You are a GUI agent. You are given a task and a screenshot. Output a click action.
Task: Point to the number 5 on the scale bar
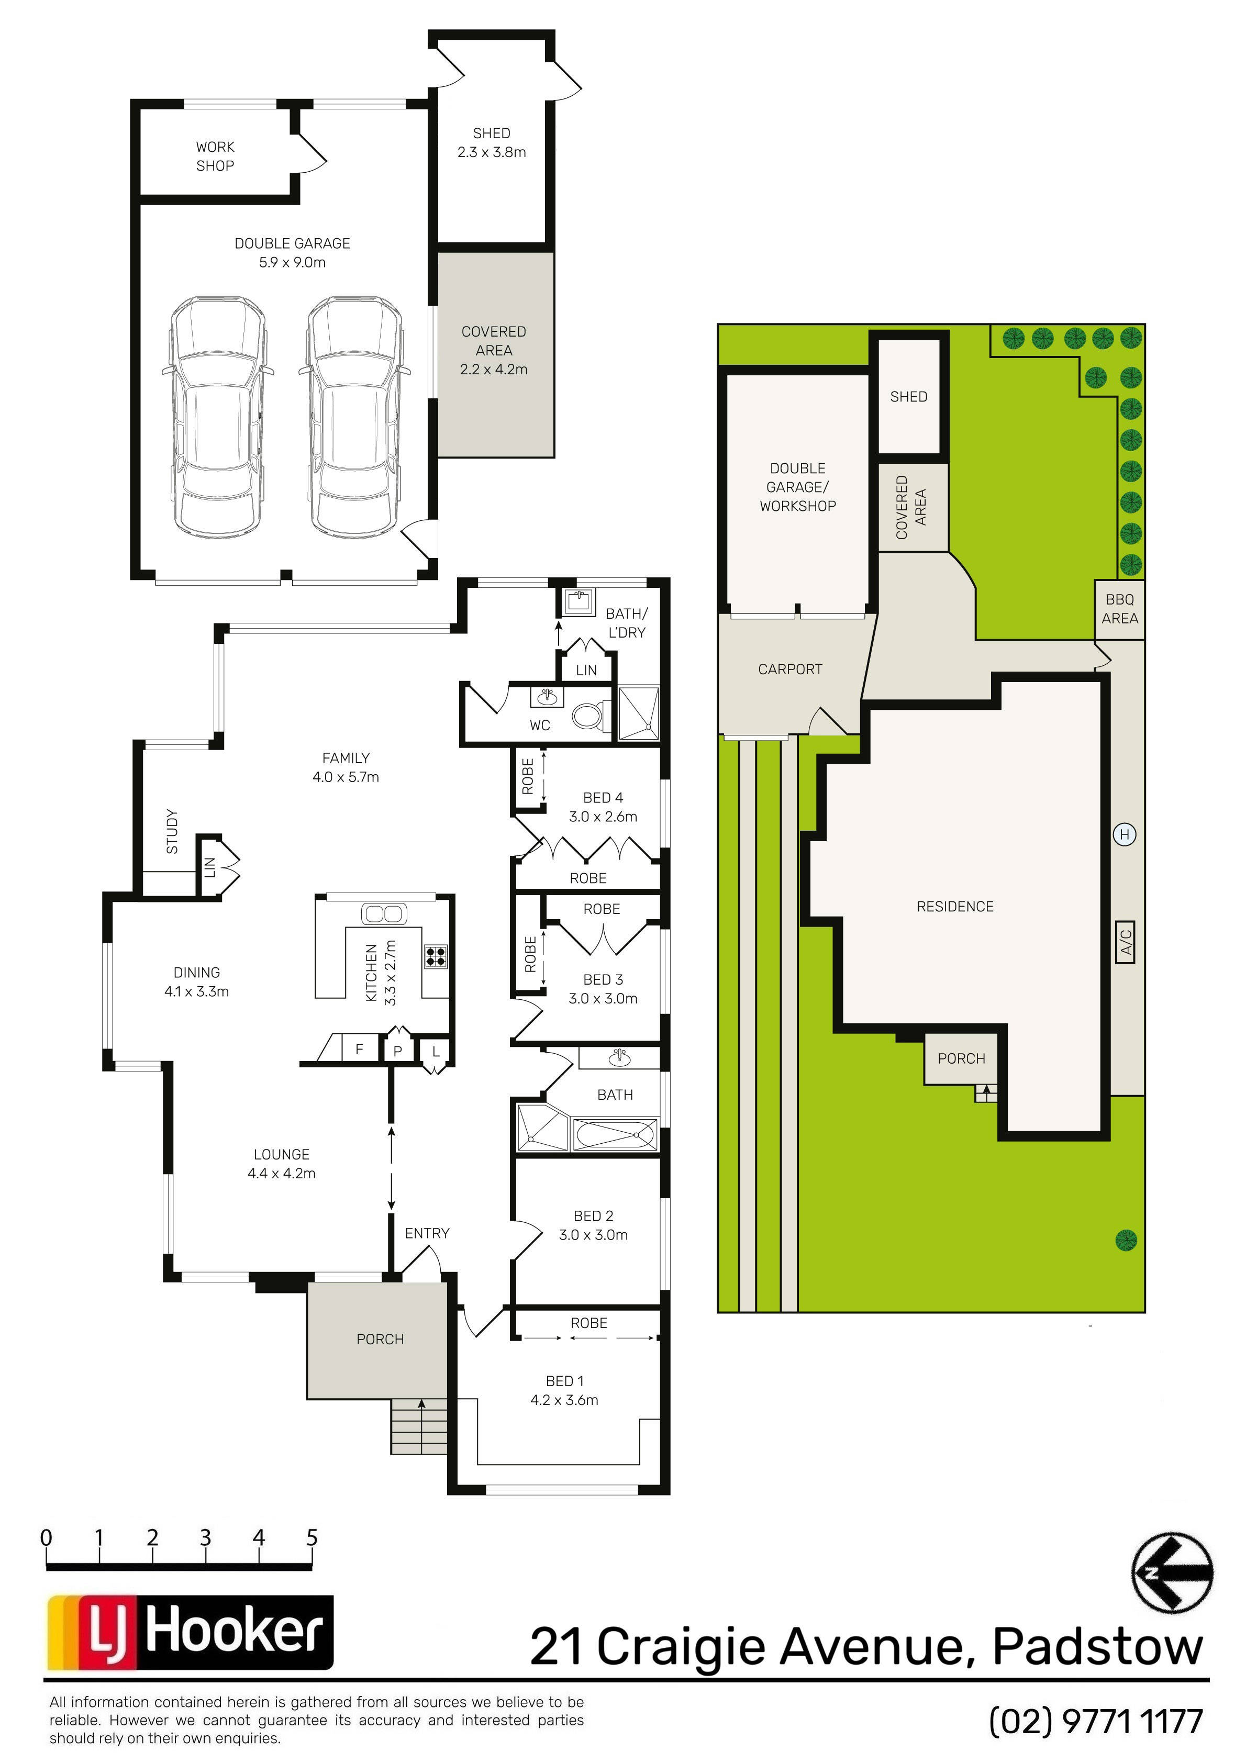pyautogui.click(x=312, y=1538)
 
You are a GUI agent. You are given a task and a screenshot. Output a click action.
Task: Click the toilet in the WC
pyautogui.click(x=589, y=716)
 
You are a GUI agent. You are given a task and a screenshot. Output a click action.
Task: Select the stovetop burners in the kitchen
pyautogui.click(x=436, y=956)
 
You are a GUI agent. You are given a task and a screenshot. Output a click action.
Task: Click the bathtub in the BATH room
pyautogui.click(x=615, y=1134)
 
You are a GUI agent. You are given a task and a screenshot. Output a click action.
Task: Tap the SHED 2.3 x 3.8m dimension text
pyautogui.click(x=492, y=152)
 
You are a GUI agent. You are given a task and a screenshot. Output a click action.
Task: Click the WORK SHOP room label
pyautogui.click(x=215, y=156)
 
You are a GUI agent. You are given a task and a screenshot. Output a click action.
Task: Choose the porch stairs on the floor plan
pyautogui.click(x=419, y=1426)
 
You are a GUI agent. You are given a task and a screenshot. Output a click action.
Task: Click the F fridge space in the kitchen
pyautogui.click(x=359, y=1048)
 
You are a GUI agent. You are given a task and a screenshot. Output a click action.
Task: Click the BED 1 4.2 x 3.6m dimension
pyautogui.click(x=564, y=1400)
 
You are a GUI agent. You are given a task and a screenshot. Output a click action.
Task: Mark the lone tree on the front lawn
pyautogui.click(x=1126, y=1240)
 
